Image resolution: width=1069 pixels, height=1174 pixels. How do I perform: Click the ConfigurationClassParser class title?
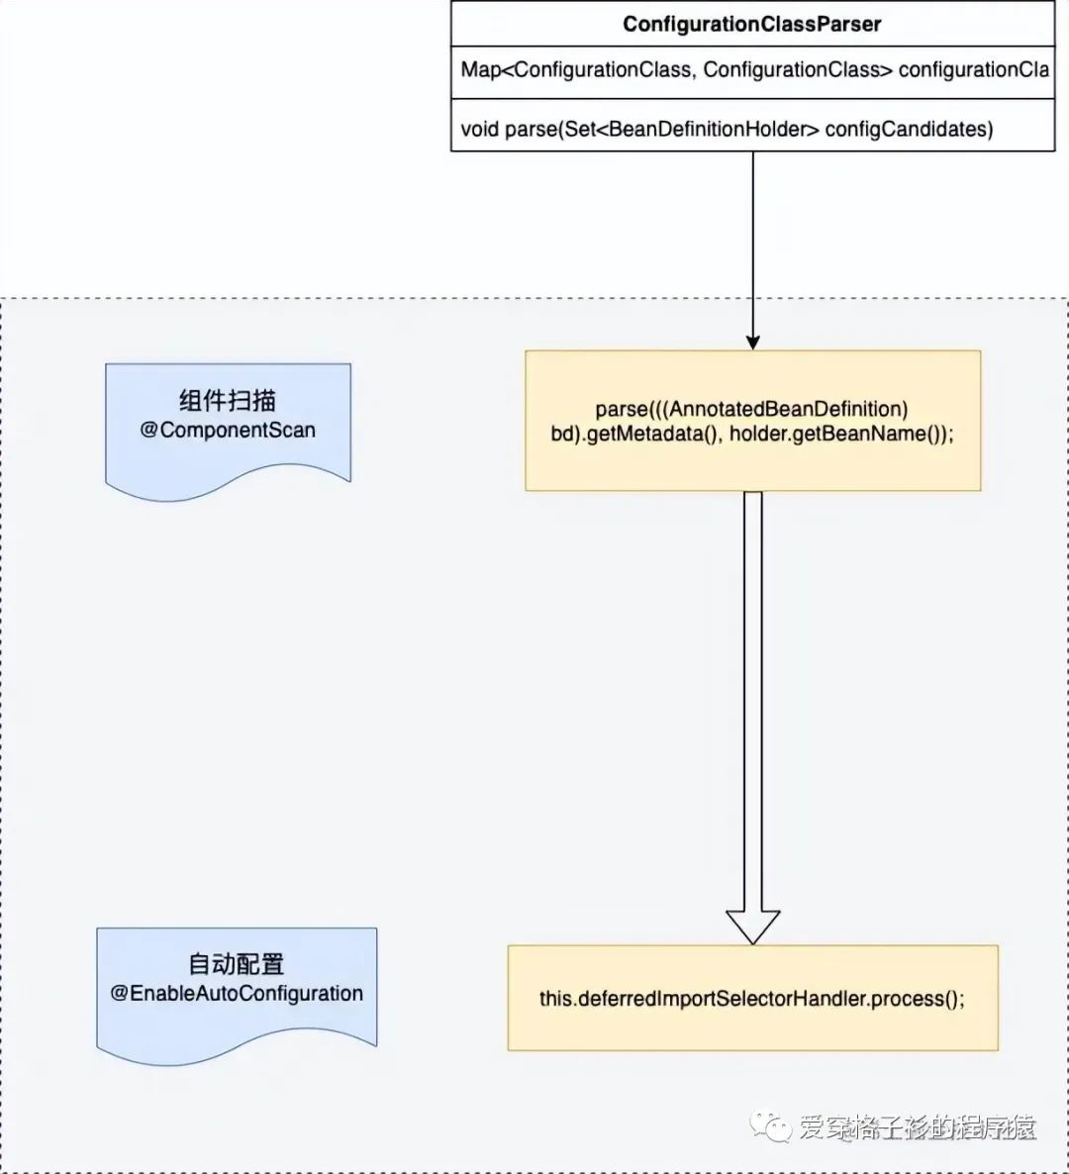[752, 25]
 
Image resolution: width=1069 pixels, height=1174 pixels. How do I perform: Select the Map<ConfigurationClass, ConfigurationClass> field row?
[752, 70]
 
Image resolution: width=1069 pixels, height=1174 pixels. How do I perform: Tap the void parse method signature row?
[727, 129]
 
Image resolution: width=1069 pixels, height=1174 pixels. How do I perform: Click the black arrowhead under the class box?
[752, 342]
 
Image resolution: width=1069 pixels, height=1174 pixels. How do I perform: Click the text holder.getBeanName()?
[841, 434]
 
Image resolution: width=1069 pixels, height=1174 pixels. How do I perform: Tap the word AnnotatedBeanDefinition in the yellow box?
[787, 409]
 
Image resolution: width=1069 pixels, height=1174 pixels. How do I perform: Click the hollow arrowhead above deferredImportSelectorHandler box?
[752, 927]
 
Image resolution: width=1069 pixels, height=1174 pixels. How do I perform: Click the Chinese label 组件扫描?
[228, 401]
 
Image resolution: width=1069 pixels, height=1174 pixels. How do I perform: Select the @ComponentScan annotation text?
[228, 431]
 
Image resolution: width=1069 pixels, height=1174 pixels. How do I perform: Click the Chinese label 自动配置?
[237, 964]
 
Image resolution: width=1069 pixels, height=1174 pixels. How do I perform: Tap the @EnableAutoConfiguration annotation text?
[237, 994]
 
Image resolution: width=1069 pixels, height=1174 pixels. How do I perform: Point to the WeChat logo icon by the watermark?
[771, 1126]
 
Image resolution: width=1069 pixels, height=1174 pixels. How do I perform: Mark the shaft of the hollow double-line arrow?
[752, 693]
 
